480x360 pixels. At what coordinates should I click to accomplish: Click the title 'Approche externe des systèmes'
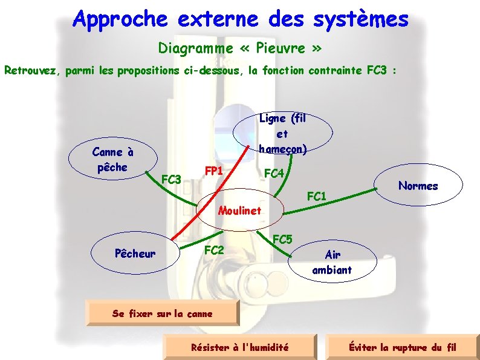(x=240, y=19)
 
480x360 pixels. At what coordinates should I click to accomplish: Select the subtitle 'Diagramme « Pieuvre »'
(x=240, y=47)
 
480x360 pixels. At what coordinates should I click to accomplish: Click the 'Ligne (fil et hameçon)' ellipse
(x=282, y=134)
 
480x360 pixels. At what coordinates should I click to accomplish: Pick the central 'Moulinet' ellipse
(x=240, y=211)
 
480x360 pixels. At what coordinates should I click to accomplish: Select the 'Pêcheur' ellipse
(x=135, y=254)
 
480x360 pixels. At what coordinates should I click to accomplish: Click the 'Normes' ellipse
(x=418, y=186)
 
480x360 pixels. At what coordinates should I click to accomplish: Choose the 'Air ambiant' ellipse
(x=332, y=263)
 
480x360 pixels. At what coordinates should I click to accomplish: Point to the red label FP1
(x=214, y=171)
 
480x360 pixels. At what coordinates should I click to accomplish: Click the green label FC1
(x=317, y=196)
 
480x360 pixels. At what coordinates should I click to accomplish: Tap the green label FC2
(x=214, y=249)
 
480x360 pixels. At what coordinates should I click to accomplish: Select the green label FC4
(x=274, y=174)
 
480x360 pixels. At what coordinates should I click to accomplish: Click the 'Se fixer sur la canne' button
(x=163, y=313)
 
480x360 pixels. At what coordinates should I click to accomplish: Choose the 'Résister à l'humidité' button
(x=239, y=347)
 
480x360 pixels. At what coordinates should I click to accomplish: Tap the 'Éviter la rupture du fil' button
(x=402, y=347)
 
